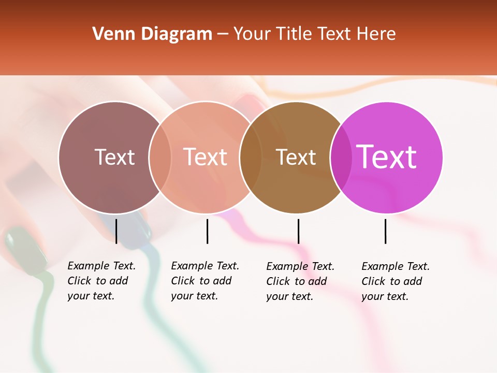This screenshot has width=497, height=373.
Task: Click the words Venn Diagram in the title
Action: [152, 34]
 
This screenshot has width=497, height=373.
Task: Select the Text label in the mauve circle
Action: [114, 157]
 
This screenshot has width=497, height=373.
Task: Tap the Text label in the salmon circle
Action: [205, 157]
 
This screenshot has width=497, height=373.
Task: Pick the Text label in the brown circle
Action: [296, 157]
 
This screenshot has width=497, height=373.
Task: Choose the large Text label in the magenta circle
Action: [386, 156]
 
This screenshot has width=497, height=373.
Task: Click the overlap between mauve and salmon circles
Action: [160, 157]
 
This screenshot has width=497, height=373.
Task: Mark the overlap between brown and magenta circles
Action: [341, 157]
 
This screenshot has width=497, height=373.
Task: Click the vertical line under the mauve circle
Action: [116, 231]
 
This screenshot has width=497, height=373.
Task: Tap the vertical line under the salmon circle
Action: [207, 231]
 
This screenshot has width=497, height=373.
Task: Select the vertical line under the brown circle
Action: [298, 231]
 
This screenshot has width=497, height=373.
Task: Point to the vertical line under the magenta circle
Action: [385, 231]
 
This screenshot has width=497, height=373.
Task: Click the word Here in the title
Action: [376, 34]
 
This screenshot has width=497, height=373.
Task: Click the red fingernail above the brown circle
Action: [252, 101]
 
